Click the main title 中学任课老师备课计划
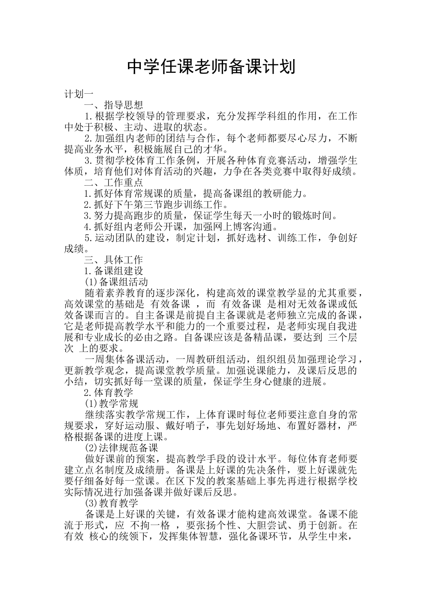[x=211, y=67]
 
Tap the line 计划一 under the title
[x=79, y=94]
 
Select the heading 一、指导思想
[x=114, y=105]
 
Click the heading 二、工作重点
[x=114, y=183]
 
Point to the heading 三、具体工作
[x=114, y=260]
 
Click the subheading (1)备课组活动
[x=116, y=282]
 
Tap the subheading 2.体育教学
[x=109, y=393]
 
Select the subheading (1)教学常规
[x=111, y=403]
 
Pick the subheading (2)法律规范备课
[x=121, y=448]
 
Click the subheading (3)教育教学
[x=111, y=503]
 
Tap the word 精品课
[x=270, y=338]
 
